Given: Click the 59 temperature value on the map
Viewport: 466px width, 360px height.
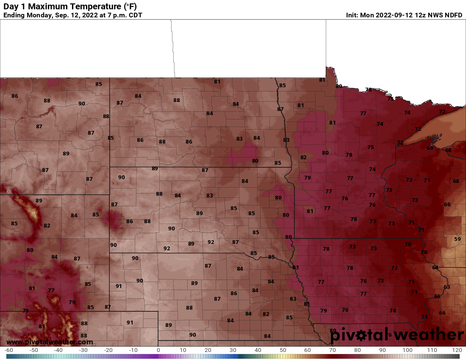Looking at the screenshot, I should pyautogui.click(x=457, y=239).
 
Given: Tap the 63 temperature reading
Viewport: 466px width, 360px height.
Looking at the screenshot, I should pyautogui.click(x=447, y=287).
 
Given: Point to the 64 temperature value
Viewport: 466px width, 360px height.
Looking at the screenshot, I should pyautogui.click(x=435, y=268).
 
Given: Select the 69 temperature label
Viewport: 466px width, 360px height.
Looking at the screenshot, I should pyautogui.click(x=430, y=148).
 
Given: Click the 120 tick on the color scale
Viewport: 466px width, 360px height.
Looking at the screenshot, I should pyautogui.click(x=457, y=350).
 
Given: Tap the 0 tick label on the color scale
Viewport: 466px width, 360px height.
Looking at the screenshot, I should pyautogui.click(x=158, y=350).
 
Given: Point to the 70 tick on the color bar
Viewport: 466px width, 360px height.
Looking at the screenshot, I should pyautogui.click(x=333, y=350).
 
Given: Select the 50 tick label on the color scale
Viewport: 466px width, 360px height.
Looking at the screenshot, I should pyautogui.click(x=283, y=350).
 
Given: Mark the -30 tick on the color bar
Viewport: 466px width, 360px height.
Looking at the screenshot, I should pyautogui.click(x=83, y=350).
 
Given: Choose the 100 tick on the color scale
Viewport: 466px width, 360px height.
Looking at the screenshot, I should pyautogui.click(x=408, y=350).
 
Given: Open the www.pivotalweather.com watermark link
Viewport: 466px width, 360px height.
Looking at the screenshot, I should pyautogui.click(x=50, y=342).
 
